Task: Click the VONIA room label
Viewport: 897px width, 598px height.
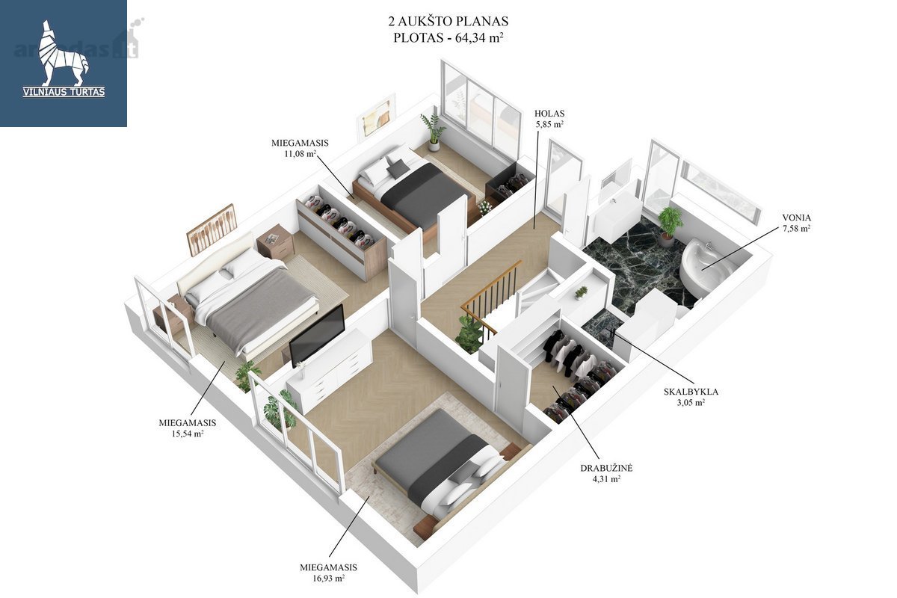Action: [x=796, y=218]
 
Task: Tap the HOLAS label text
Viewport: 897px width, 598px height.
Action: [x=549, y=114]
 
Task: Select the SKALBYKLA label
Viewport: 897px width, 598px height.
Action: [x=691, y=392]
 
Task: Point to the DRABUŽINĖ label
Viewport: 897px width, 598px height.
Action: [x=606, y=467]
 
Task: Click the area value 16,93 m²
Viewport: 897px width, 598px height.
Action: [x=328, y=578]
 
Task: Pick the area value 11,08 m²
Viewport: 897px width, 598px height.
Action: [x=300, y=153]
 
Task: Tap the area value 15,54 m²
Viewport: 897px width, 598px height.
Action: [x=188, y=433]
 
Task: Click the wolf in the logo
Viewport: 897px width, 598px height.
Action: [x=64, y=52]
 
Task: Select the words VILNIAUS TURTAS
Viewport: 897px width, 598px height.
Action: [x=64, y=92]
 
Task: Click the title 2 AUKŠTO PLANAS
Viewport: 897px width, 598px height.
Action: [x=448, y=21]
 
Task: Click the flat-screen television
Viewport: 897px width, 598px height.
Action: [x=317, y=335]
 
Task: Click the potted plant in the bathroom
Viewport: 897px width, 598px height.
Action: [x=669, y=225]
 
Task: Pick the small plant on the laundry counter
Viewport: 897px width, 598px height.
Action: [x=580, y=292]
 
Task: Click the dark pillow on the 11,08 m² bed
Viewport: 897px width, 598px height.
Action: [x=396, y=170]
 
